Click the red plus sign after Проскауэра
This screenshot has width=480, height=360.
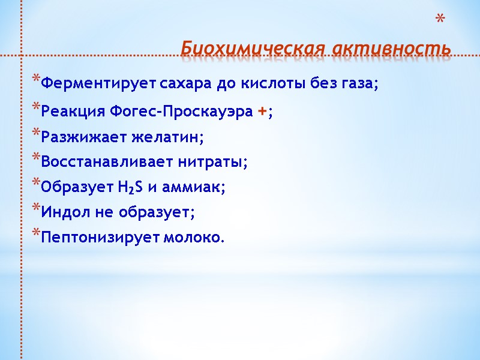coord(262,112)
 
